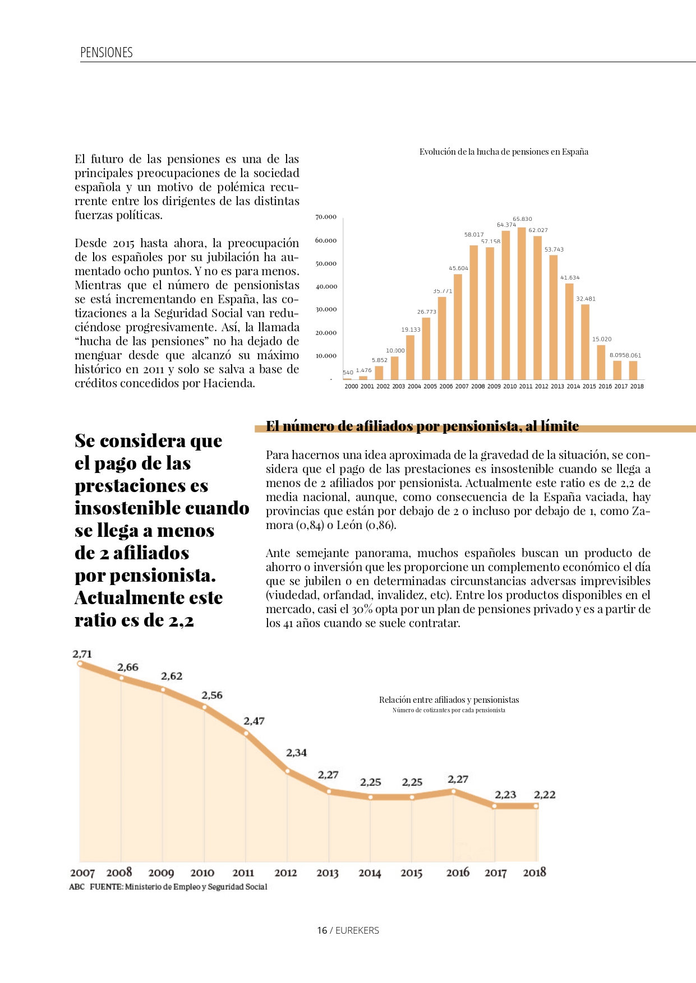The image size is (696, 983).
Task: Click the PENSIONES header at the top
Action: coord(107,53)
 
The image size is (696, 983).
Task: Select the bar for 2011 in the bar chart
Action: coord(522,303)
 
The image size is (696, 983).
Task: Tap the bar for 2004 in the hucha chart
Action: coord(411,357)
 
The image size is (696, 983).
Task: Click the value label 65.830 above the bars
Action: coord(522,219)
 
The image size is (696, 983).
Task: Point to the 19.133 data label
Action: coord(411,330)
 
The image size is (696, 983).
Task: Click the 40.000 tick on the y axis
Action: coord(326,286)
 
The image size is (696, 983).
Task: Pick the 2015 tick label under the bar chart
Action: coord(589,386)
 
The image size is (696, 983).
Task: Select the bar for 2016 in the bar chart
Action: coord(601,362)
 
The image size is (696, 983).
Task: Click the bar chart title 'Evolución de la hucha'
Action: coord(504,152)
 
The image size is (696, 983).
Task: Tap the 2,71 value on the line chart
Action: coord(82,654)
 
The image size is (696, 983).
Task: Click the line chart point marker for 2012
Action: coord(288,771)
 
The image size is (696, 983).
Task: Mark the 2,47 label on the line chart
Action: coord(253,721)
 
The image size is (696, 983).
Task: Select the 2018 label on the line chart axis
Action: coord(534,872)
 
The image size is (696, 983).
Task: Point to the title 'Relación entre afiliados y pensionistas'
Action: coord(449,700)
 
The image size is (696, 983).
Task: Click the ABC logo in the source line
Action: coord(77,887)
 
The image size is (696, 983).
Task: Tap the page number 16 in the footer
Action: coord(322,930)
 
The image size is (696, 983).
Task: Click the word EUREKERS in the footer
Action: coord(357,930)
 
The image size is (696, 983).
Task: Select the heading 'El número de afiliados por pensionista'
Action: coord(422,426)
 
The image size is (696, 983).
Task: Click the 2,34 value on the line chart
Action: coord(296,753)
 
